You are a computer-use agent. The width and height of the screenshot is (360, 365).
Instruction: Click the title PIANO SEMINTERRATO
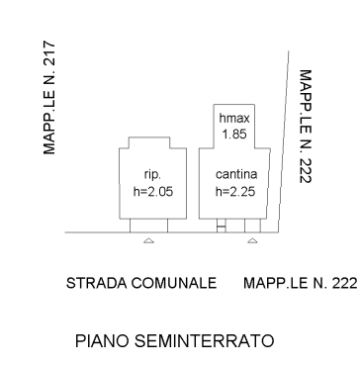point(175,341)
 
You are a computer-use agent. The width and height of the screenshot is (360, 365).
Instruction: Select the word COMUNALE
point(174,283)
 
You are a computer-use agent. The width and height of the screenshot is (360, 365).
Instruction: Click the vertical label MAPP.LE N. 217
point(49,98)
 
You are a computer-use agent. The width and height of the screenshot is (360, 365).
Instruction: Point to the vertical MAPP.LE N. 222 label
point(306,127)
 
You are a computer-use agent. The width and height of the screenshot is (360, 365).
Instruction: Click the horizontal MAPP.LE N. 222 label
point(301,283)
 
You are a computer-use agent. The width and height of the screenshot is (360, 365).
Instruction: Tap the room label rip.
point(152,175)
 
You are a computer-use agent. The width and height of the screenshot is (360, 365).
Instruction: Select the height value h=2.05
point(153,192)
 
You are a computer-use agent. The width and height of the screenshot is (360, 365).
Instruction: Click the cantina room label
point(236,174)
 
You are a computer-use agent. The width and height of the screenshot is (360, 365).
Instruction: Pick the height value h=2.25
point(235,192)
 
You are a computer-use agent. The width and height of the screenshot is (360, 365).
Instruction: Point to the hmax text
point(234,119)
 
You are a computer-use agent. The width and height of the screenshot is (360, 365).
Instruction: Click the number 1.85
point(234,135)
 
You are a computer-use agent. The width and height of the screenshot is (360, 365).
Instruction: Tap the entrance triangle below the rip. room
point(148,240)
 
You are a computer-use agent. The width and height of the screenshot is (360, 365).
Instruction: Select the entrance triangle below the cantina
point(252,240)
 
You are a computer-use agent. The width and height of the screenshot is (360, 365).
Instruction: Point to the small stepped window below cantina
point(222,226)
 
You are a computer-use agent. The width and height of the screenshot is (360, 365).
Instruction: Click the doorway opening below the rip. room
point(148,226)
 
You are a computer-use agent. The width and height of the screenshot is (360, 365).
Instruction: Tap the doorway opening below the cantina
point(252,226)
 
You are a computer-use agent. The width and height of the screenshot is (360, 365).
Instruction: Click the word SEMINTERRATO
point(205,341)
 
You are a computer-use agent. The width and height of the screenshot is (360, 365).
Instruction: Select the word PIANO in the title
point(103,341)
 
